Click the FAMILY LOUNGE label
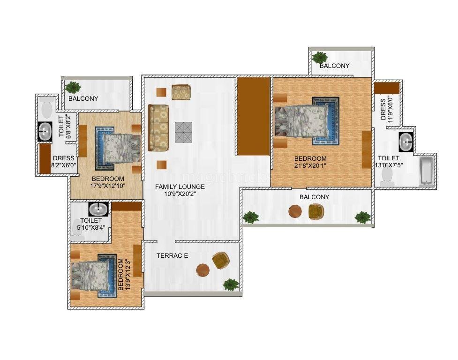(180, 187)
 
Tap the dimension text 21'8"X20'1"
(310, 165)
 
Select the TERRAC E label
(172, 256)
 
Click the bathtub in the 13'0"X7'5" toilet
(427, 171)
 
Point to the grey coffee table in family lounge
(184, 132)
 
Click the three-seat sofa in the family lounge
(158, 128)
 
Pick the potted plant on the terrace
(231, 285)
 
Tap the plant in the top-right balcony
(319, 57)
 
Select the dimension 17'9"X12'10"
(108, 186)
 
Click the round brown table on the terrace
(203, 270)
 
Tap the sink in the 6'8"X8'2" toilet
(45, 132)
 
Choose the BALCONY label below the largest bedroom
(314, 197)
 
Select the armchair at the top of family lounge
(181, 92)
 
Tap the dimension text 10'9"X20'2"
(180, 194)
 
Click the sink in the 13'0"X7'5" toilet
(406, 142)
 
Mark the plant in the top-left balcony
(73, 87)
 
